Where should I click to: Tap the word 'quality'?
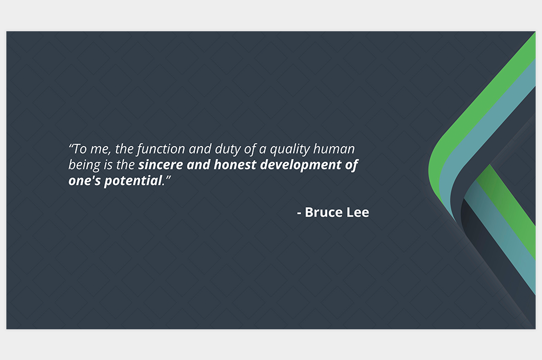click(x=290, y=149)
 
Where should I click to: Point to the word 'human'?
click(x=335, y=149)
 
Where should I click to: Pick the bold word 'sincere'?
click(x=161, y=165)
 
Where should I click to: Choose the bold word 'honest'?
click(x=235, y=165)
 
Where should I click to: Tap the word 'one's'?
click(x=85, y=181)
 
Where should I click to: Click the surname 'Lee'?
click(x=358, y=212)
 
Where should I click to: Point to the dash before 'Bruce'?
click(x=300, y=213)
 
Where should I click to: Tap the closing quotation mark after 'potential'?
click(x=168, y=177)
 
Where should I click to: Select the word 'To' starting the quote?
click(x=80, y=149)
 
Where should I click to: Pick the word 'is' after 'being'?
click(x=108, y=165)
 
